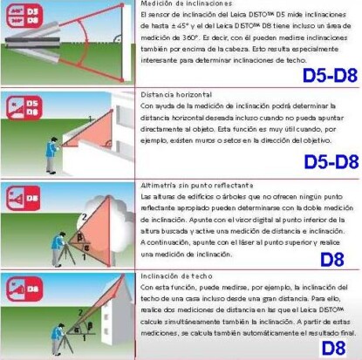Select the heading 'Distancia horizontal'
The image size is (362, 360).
[176, 92]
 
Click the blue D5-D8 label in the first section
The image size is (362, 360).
[330, 75]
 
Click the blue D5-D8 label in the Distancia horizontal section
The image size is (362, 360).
[330, 161]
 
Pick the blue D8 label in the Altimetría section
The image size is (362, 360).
[333, 258]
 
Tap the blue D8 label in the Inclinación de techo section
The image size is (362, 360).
[333, 348]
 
